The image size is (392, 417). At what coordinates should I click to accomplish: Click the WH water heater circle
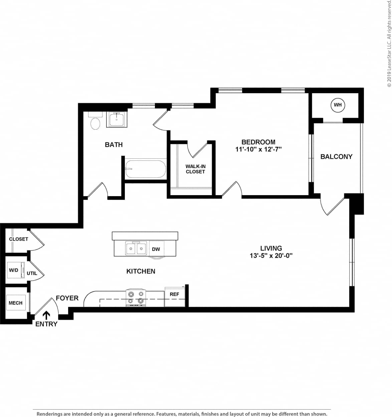tap(338, 105)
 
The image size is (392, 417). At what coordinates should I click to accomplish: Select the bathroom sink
tap(117, 120)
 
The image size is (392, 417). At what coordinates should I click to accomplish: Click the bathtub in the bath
tap(146, 169)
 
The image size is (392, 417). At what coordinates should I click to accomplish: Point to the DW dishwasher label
tap(156, 249)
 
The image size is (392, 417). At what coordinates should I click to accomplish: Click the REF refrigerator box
tap(174, 296)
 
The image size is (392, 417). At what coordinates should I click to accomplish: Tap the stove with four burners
tap(136, 297)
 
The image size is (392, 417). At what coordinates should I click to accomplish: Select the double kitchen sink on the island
tap(136, 248)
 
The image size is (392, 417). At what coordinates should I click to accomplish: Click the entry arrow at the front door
tap(46, 315)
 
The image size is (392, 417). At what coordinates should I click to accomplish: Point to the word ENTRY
tap(46, 324)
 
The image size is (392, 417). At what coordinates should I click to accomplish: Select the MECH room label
tap(15, 303)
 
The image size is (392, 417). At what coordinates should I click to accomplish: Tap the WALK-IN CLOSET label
tap(195, 169)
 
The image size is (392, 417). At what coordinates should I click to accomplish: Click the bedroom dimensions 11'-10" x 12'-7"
tap(258, 149)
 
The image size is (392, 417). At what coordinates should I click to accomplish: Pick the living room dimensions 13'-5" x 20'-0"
tap(271, 256)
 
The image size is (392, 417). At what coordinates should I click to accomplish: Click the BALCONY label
tap(336, 156)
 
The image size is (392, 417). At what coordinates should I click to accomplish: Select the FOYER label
tap(67, 298)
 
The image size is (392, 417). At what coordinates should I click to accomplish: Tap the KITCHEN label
tap(141, 271)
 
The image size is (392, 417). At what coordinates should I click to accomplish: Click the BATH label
tap(114, 145)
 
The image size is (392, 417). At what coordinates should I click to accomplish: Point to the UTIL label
tap(32, 273)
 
